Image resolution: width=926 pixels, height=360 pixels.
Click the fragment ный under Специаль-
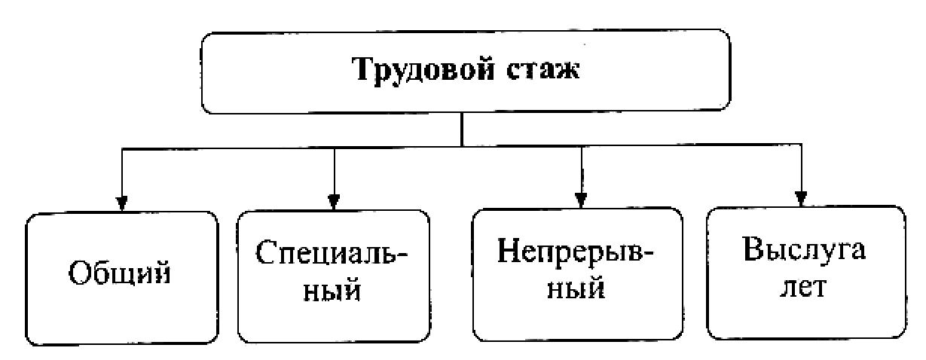tap(333, 290)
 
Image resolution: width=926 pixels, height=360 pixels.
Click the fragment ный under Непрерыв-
tap(576, 290)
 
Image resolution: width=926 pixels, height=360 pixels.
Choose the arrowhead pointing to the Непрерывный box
tap(579, 200)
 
